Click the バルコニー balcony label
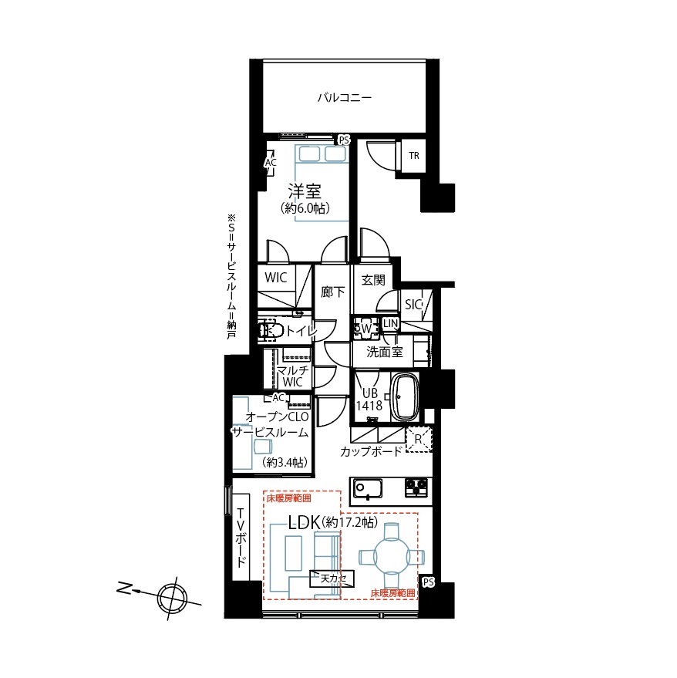[x=345, y=97]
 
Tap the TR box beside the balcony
[x=414, y=156]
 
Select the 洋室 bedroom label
[x=305, y=191]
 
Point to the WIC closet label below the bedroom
[x=275, y=278]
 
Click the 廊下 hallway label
[x=333, y=292]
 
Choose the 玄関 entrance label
[x=373, y=280]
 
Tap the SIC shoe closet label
[x=413, y=305]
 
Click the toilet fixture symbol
[x=271, y=331]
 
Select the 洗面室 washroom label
[x=385, y=352]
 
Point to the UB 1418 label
[x=369, y=400]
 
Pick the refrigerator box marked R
[x=419, y=440]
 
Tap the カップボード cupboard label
[x=372, y=452]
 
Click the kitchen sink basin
[x=368, y=489]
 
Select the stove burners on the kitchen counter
[x=416, y=487]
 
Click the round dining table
[x=391, y=555]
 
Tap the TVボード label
[x=241, y=537]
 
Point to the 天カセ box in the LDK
[x=332, y=578]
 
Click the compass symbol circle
[x=172, y=599]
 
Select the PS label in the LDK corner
[x=428, y=582]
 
